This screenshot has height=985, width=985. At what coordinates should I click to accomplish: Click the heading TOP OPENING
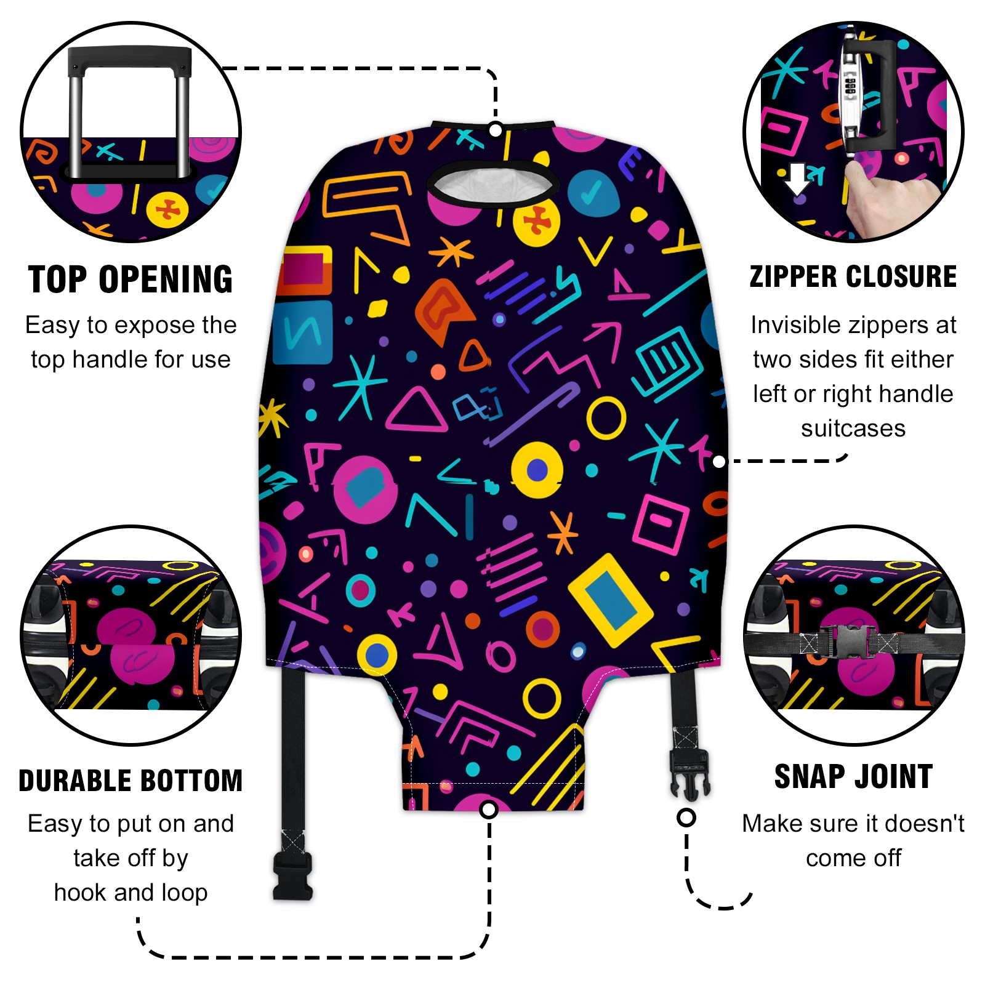(x=131, y=280)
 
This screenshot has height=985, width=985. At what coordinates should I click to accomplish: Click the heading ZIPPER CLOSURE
(x=853, y=276)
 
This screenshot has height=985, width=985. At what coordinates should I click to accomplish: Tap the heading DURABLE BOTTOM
(x=131, y=781)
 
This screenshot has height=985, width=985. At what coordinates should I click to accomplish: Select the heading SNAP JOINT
(x=853, y=776)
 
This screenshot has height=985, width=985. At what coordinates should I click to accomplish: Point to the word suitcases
(x=853, y=428)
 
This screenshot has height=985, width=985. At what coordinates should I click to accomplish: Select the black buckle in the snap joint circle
(x=848, y=641)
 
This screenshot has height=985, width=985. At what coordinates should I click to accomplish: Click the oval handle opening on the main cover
(x=493, y=183)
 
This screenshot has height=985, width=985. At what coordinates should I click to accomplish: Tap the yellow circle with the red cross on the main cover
(x=536, y=222)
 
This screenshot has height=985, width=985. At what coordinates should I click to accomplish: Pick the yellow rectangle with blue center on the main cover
(x=610, y=600)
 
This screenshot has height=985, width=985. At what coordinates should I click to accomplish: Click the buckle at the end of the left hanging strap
(x=293, y=874)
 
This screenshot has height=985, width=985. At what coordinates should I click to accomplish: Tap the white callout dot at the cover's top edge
(x=495, y=130)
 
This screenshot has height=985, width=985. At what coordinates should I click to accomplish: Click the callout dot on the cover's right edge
(x=718, y=462)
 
